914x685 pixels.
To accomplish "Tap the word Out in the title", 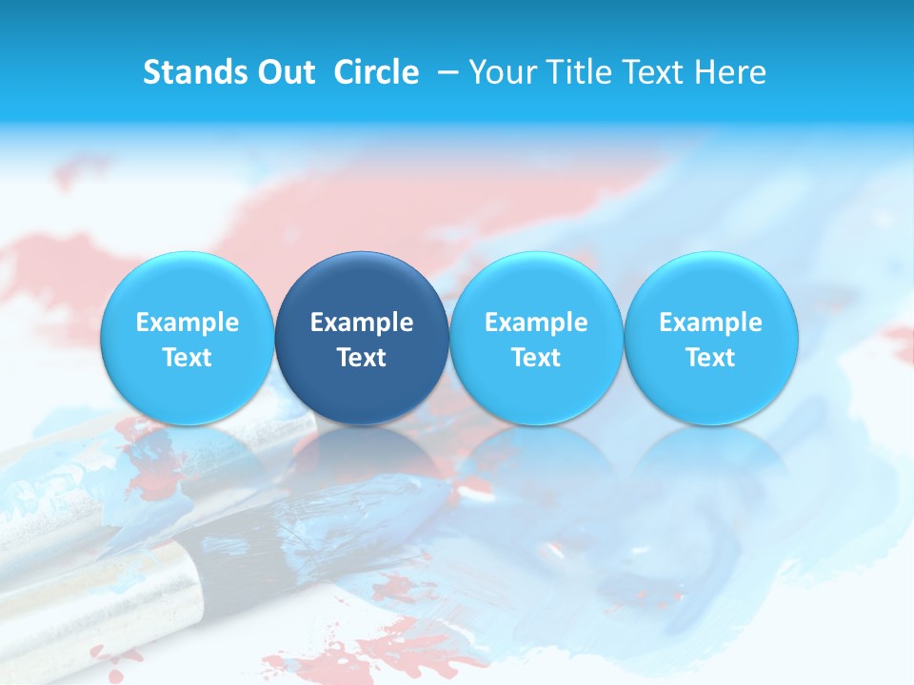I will point(283,72).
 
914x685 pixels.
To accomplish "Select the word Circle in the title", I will point(376,72).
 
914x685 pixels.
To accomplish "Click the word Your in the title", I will point(504,72).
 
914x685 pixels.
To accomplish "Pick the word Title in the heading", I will point(580,72).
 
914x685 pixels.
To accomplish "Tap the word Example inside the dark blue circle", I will point(362,323).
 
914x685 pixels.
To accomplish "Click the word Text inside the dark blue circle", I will point(362,358).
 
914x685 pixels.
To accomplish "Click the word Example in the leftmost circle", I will point(187,323).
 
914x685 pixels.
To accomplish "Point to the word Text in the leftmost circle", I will point(187,358).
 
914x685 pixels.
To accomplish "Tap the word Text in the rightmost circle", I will point(711,358).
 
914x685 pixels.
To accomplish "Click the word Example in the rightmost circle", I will point(711,323).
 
